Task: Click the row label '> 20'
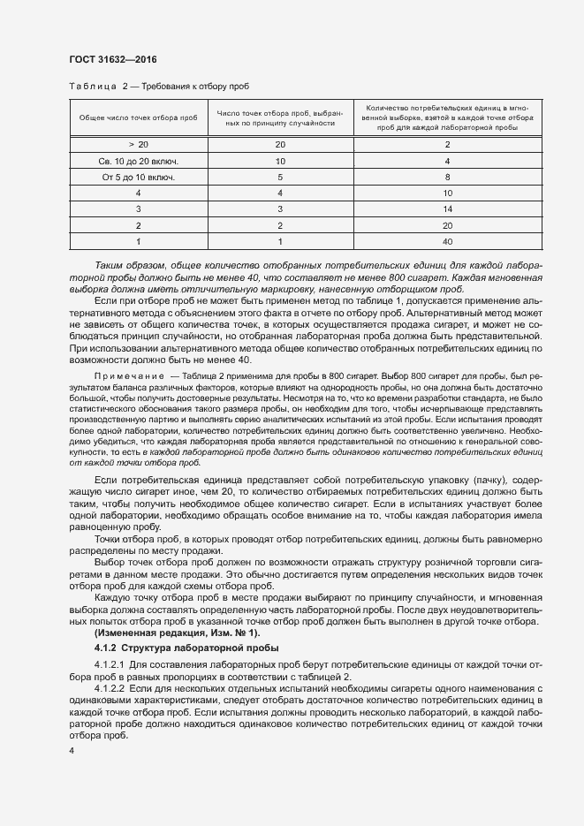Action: [138, 144]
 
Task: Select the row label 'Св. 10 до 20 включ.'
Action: [138, 161]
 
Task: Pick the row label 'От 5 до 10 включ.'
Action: [138, 177]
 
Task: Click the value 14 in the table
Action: [447, 208]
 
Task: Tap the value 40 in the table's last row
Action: [447, 241]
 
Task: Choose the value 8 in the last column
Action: [447, 177]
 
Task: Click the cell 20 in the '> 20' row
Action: [280, 144]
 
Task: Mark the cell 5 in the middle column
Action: [280, 177]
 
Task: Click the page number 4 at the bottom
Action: [72, 749]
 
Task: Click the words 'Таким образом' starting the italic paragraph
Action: [125, 266]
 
